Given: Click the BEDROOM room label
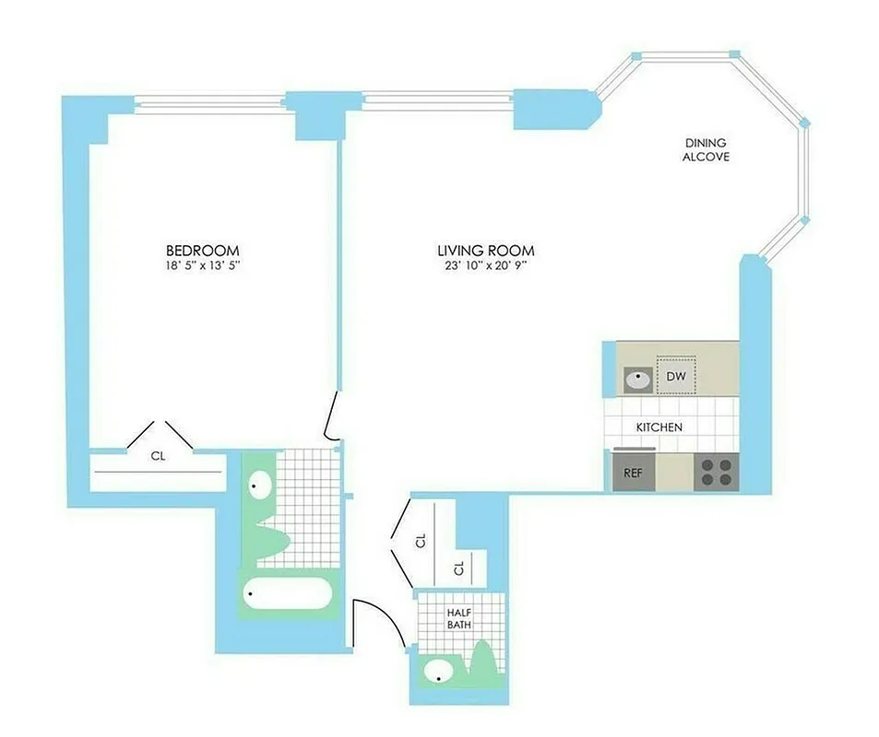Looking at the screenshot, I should point(202,251).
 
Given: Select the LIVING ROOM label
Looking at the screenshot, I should point(486,251).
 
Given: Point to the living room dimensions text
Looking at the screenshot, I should point(486,266).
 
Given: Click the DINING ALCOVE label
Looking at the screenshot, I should point(706,150).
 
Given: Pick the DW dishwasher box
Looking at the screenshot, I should point(676,376).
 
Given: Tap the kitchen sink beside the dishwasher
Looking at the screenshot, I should point(637,378).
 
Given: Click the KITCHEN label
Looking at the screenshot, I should point(659,427).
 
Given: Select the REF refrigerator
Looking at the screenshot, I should point(634,472).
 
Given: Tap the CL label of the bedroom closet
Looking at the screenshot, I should point(158,454).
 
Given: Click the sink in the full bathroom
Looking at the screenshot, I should point(260,485).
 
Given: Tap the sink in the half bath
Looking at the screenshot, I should point(441,672).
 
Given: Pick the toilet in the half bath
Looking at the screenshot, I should point(483,663).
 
